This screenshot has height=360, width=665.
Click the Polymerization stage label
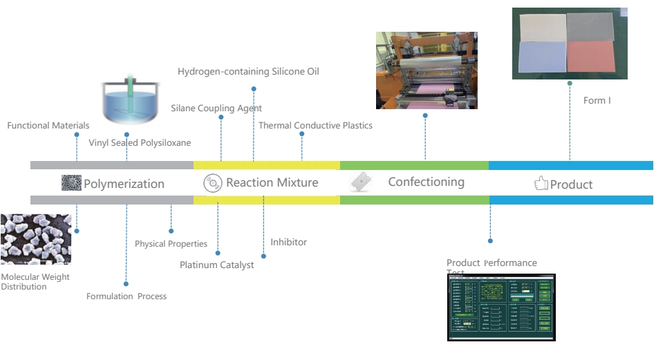[x=124, y=184]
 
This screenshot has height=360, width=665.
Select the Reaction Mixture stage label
[x=272, y=182]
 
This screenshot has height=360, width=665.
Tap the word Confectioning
[x=426, y=182]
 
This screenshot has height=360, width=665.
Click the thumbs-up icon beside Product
[x=541, y=184]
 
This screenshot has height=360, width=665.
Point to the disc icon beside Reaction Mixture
[x=213, y=183]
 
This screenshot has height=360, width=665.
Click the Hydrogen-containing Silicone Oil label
[x=248, y=72]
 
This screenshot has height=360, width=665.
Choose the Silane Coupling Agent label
[x=216, y=108]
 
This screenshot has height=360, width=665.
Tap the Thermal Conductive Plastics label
[x=315, y=126]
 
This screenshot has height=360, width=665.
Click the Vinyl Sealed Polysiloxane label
[x=140, y=143]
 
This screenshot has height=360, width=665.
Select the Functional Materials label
[x=48, y=126]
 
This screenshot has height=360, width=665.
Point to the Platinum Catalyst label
[x=216, y=265]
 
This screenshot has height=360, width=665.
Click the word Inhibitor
[x=288, y=243]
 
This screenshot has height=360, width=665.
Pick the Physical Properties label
[x=171, y=244]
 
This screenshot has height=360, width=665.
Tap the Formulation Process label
[x=126, y=296]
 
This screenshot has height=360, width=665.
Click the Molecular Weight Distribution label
[x=35, y=282]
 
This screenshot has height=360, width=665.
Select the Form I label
[x=597, y=101]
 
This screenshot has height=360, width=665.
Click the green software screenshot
[x=501, y=306]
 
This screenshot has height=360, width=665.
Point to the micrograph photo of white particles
[x=35, y=239]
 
